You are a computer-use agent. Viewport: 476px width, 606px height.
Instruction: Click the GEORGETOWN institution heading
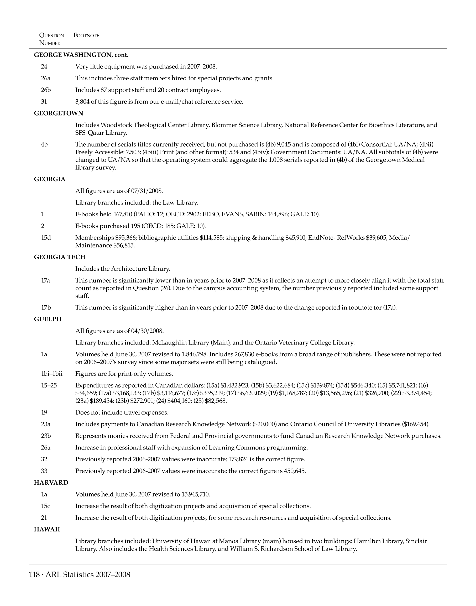[x=59, y=113]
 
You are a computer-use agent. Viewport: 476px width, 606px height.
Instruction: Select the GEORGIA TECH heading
[x=60, y=257]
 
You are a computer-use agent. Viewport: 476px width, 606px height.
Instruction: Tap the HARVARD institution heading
[x=51, y=483]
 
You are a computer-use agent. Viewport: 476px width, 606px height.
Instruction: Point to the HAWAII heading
[x=47, y=529]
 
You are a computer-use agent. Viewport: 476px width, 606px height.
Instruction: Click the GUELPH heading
[x=48, y=319]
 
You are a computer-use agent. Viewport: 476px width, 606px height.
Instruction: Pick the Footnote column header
[x=86, y=35]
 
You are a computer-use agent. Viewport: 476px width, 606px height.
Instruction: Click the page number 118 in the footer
[x=34, y=574]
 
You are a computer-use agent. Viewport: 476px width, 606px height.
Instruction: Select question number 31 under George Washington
[x=44, y=102]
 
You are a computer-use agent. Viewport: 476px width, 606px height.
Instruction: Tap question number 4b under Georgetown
[x=44, y=144]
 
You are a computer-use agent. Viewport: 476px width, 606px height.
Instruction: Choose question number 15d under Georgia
[x=46, y=238]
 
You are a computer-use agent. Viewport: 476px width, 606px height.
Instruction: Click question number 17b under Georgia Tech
[x=46, y=307]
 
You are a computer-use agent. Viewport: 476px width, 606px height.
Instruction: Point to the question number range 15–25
[x=49, y=385]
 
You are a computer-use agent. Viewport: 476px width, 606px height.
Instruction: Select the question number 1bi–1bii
[x=52, y=374]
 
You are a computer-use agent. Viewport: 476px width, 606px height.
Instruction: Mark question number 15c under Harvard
[x=46, y=506]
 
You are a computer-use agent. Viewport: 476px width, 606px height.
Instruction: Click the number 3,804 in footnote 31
[x=82, y=102]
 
